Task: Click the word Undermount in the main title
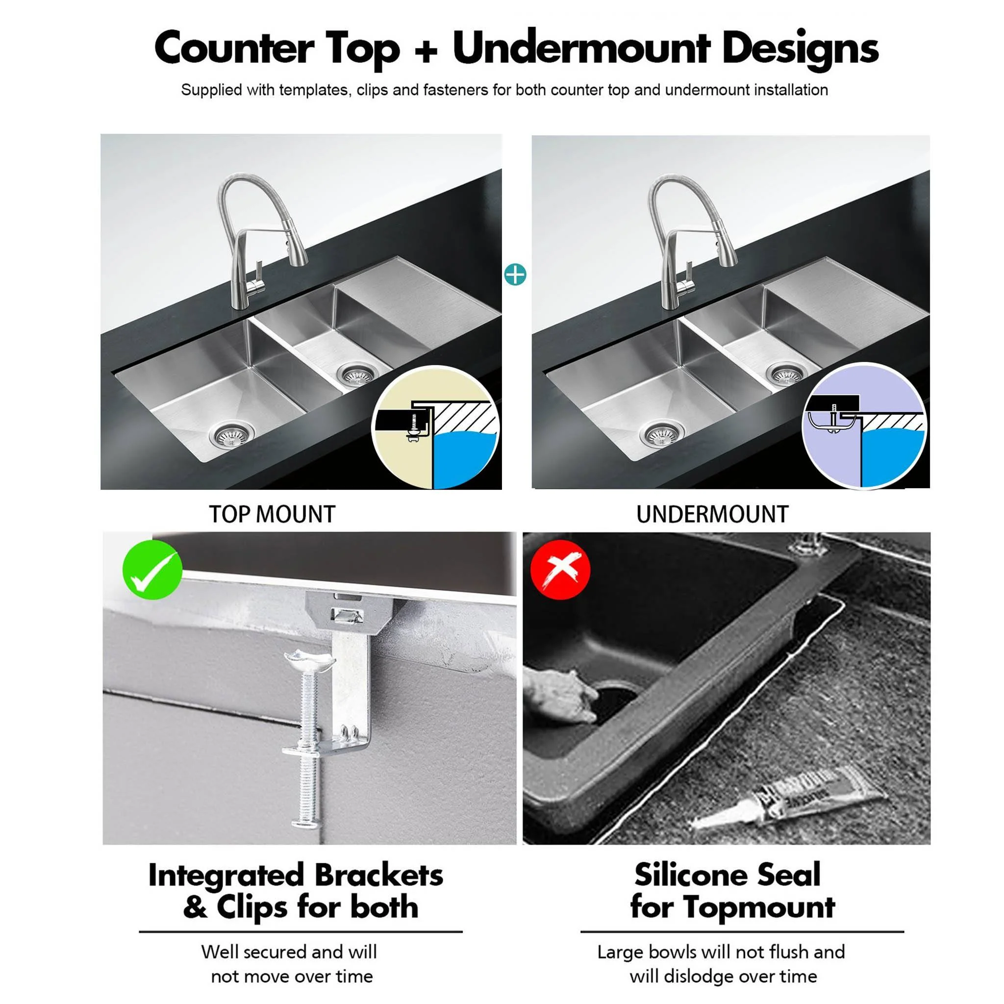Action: pyautogui.click(x=581, y=49)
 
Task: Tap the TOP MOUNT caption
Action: pyautogui.click(x=272, y=514)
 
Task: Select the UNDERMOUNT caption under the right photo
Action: pyautogui.click(x=712, y=514)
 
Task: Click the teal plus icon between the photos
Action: pyautogui.click(x=515, y=275)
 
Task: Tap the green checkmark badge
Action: pyautogui.click(x=152, y=570)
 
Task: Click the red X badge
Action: pyautogui.click(x=560, y=570)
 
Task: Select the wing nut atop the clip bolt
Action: pyautogui.click(x=309, y=661)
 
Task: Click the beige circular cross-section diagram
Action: pyautogui.click(x=435, y=427)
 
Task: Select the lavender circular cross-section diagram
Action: pyautogui.click(x=864, y=426)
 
